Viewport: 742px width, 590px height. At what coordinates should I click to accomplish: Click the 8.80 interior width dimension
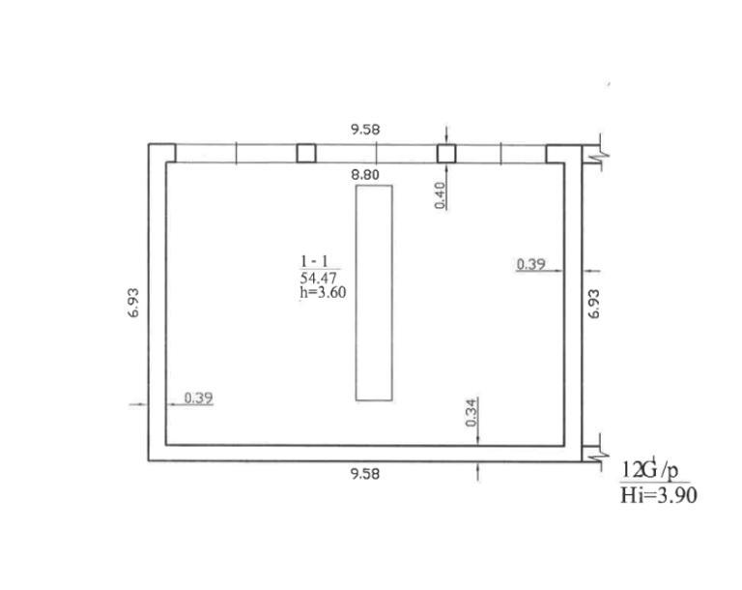coord(365,175)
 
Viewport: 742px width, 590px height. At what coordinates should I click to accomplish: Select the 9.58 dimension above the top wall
coord(365,130)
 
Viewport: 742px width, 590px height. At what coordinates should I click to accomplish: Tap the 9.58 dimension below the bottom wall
coord(365,474)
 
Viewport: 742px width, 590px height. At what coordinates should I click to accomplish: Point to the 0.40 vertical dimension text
coord(441,195)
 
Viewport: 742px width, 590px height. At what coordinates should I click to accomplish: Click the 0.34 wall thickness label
coord(471,413)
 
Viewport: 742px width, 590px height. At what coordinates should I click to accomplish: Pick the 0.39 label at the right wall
coord(531,264)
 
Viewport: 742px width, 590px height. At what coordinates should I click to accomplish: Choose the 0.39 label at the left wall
coord(198,398)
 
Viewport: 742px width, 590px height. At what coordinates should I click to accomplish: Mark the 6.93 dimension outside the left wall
coord(134,303)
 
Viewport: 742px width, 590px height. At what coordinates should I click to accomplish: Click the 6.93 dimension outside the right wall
coord(594,304)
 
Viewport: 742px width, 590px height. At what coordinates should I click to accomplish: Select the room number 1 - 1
coord(314,261)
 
